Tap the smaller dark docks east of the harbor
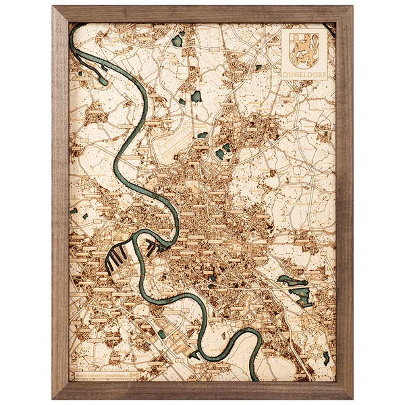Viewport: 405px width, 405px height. (x=155, y=249)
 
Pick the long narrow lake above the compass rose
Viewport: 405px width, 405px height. (x=292, y=279)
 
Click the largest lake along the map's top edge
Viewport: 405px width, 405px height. (x=178, y=40)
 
